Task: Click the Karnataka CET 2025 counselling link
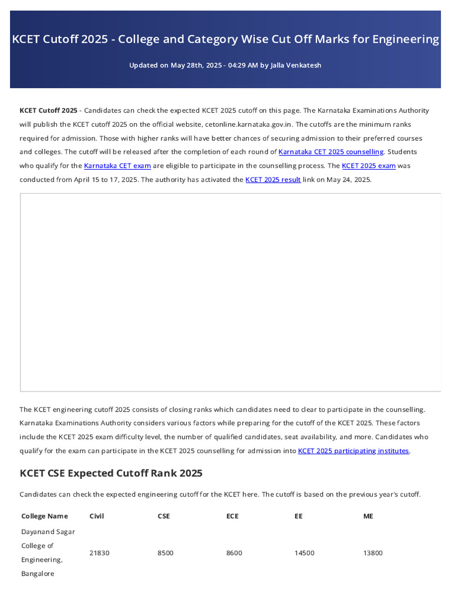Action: (x=331, y=152)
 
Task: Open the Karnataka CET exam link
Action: (x=117, y=166)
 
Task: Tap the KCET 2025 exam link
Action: (x=368, y=166)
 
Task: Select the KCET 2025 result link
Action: (x=273, y=180)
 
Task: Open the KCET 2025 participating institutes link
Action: (x=354, y=451)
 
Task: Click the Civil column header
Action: (x=96, y=516)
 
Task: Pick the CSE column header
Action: (x=164, y=516)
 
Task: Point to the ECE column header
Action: (x=233, y=516)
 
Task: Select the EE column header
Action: (x=299, y=516)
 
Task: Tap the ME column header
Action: (x=368, y=516)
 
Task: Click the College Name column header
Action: (x=45, y=516)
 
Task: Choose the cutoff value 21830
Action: (x=99, y=553)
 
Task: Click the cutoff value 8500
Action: (x=166, y=553)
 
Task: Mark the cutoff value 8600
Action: (x=234, y=553)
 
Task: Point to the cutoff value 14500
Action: (x=304, y=553)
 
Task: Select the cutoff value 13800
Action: (x=373, y=553)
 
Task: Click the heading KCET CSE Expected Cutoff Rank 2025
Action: (x=111, y=473)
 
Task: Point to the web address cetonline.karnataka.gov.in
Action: (x=248, y=124)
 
